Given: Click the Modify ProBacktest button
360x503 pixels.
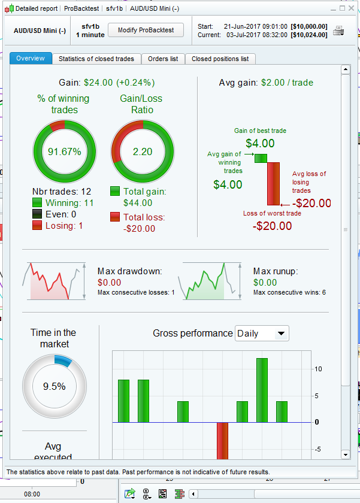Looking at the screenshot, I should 146,30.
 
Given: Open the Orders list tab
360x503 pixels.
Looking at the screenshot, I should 163,59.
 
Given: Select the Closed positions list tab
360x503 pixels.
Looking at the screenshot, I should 220,59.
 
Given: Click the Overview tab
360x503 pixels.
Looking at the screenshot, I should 31,59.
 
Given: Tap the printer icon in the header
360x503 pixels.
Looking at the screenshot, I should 339,31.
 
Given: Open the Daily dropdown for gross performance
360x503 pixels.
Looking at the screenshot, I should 262,334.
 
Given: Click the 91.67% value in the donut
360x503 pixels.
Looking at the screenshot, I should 64,151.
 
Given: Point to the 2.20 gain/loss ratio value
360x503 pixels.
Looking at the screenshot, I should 143,151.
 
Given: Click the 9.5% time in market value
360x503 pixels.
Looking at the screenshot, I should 54,386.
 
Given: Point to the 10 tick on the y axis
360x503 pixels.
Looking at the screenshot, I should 318,369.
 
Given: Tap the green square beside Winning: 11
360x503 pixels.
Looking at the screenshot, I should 38,204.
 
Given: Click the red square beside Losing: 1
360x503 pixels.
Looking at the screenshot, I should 38,225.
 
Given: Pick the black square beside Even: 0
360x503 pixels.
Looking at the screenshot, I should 38,214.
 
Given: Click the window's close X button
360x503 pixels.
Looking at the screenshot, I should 352,8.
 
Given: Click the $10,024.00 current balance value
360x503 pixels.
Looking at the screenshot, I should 308,35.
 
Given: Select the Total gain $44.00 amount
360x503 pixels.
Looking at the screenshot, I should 138,203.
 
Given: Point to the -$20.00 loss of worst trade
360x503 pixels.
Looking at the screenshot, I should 272,226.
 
